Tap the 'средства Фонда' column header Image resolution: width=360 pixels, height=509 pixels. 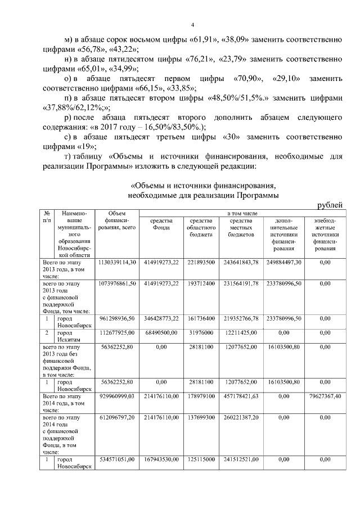[x=161, y=224]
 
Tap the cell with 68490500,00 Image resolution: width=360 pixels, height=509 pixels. [x=161, y=333]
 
